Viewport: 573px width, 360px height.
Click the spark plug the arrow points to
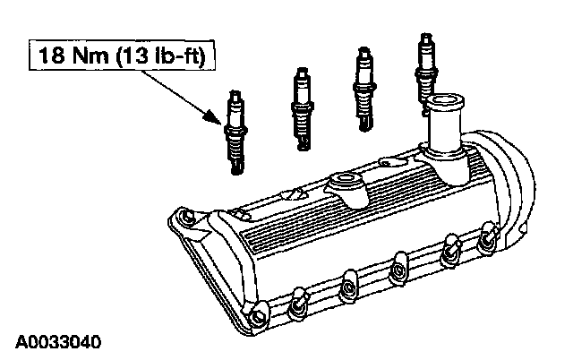pyautogui.click(x=235, y=133)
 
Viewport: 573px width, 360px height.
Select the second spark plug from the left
pyautogui.click(x=303, y=109)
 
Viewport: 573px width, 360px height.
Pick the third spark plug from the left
pyautogui.click(x=364, y=89)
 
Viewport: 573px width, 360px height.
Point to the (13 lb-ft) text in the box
pyautogui.click(x=161, y=56)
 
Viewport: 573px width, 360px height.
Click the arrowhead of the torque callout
pyautogui.click(x=212, y=117)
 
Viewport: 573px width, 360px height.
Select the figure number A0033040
pyautogui.click(x=57, y=342)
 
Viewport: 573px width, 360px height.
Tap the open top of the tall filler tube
pyautogui.click(x=445, y=99)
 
